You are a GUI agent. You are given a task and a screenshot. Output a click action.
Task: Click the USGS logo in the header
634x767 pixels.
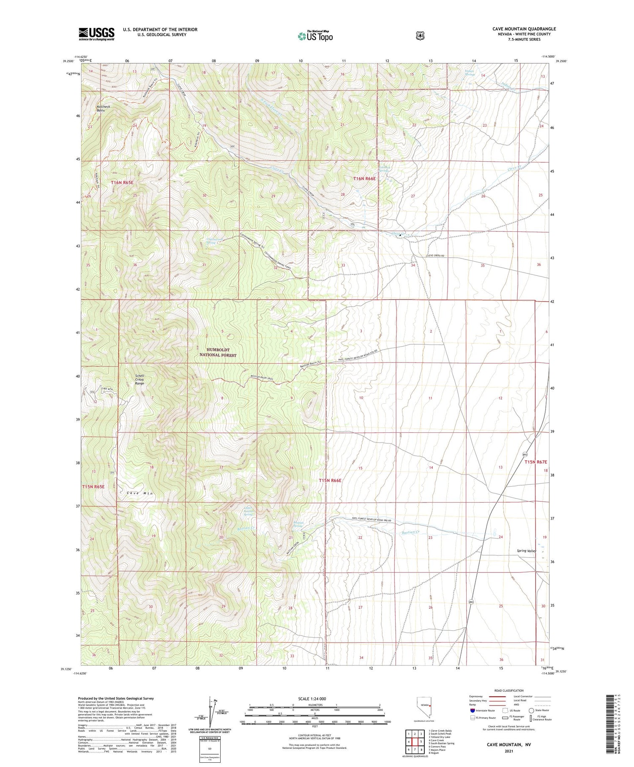click(x=96, y=34)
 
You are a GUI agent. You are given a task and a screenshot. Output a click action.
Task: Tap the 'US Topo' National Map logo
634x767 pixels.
click(x=315, y=36)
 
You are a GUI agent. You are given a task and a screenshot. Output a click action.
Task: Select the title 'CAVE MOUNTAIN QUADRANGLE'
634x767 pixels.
click(x=524, y=29)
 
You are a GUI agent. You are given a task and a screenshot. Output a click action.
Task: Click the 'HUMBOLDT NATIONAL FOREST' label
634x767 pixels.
click(x=218, y=352)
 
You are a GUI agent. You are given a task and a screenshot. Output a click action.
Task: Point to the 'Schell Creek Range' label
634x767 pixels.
click(x=139, y=379)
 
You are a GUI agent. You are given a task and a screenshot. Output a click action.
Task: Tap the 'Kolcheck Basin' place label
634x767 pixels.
click(x=103, y=109)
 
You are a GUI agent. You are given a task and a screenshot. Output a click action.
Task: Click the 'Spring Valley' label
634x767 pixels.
click(x=526, y=551)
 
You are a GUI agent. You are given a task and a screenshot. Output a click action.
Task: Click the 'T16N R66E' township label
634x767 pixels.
click(x=364, y=179)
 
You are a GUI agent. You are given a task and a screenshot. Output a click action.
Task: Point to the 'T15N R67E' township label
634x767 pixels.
click(x=536, y=462)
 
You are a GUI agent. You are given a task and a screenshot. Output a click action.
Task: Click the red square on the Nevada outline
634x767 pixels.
click(x=430, y=705)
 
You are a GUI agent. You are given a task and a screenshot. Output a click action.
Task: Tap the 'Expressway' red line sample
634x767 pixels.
click(x=497, y=696)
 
